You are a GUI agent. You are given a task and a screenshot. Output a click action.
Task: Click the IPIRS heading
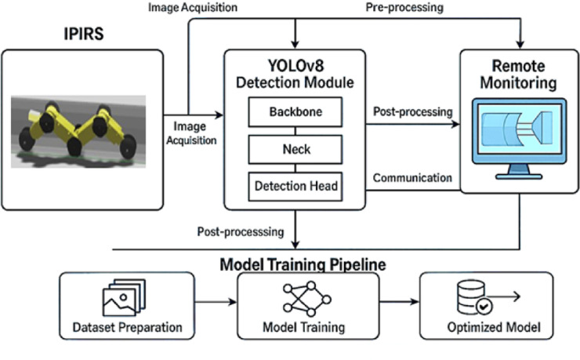point(84,33)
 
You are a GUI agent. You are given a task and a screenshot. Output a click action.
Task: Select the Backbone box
point(295,112)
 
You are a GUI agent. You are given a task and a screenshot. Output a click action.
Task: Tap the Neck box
point(295,150)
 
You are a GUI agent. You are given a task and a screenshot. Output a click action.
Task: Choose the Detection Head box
point(295,187)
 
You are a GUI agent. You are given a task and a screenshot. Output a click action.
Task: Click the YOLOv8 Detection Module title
point(295,74)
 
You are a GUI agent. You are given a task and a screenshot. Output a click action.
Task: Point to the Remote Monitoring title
point(518,75)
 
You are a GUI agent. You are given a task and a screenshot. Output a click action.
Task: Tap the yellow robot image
point(78,132)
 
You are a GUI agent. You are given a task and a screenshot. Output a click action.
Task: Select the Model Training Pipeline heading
point(303,264)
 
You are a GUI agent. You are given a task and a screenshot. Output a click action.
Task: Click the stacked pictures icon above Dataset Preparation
point(124,297)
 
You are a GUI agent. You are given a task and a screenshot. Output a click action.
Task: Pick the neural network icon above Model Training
point(307,299)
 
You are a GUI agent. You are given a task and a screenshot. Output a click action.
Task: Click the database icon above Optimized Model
point(488,297)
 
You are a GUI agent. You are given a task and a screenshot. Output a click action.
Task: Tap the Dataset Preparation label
point(127,327)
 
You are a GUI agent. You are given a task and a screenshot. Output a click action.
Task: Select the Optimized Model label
point(494,327)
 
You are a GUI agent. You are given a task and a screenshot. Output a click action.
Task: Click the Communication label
point(412,178)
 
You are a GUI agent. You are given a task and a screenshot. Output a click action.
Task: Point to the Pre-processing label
point(404,7)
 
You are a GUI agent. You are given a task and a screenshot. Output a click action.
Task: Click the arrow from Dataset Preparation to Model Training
point(216,302)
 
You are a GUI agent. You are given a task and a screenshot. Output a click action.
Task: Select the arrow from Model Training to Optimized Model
point(400,302)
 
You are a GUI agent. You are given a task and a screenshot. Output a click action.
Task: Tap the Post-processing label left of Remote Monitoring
point(413,111)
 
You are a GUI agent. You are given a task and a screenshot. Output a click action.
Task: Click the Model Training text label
point(303,327)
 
